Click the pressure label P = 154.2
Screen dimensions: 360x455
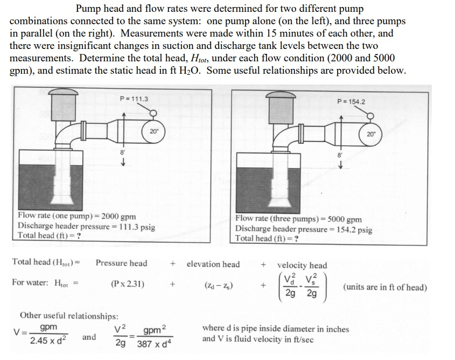351,102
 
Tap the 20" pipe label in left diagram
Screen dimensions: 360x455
154,131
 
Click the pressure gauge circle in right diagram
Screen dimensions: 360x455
372,116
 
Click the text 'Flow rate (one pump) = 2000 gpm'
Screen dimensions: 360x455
76,217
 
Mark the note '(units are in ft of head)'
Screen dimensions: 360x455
384,287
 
